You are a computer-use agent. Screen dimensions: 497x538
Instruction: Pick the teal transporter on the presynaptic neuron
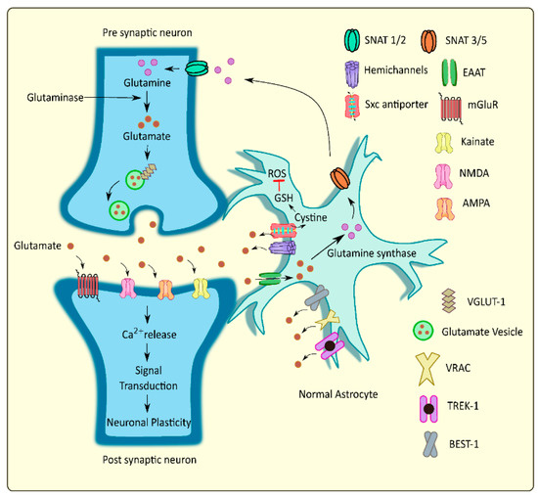[x=199, y=69]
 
